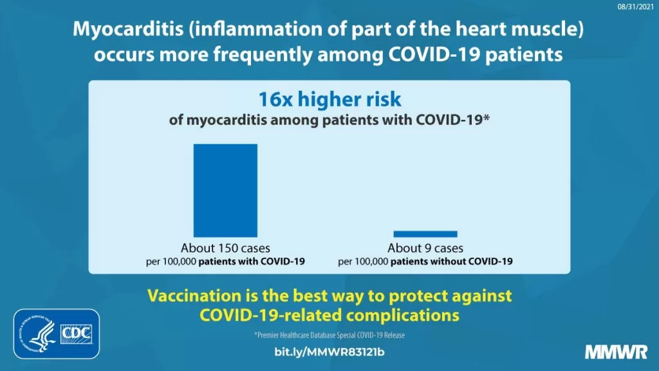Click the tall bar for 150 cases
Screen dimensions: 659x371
(225, 191)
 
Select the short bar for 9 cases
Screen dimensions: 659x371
(425, 234)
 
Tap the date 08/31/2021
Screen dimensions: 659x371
(635, 6)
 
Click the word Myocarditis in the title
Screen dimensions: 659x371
(128, 30)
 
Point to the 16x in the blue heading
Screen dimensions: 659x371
(275, 99)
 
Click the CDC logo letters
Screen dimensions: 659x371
(77, 334)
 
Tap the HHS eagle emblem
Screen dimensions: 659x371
(38, 334)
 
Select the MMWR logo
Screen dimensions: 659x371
(616, 352)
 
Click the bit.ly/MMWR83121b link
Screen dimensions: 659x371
(329, 352)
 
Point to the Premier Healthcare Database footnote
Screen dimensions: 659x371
(329, 335)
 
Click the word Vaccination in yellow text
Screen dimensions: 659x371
(194, 296)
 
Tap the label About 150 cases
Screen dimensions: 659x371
(225, 248)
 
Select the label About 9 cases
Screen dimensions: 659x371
(425, 248)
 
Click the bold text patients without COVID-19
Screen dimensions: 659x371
(451, 262)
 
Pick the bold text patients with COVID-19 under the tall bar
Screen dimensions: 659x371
(252, 262)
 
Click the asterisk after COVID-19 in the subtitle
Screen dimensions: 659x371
(487, 117)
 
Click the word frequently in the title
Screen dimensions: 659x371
(263, 55)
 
